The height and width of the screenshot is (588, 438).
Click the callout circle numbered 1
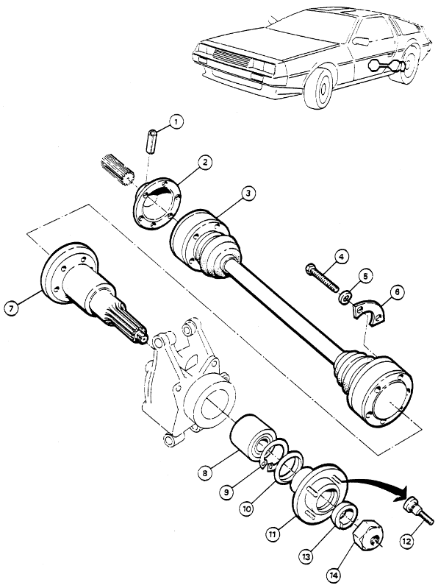click(x=176, y=122)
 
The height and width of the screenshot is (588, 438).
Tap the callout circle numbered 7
click(x=12, y=308)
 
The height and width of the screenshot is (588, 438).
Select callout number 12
click(x=406, y=541)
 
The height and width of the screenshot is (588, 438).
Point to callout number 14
click(x=334, y=574)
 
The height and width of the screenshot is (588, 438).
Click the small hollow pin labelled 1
click(x=151, y=141)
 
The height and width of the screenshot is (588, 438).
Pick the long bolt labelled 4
click(x=321, y=277)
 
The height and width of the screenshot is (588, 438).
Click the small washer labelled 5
click(x=345, y=297)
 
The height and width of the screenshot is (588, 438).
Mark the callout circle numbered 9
click(x=226, y=492)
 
